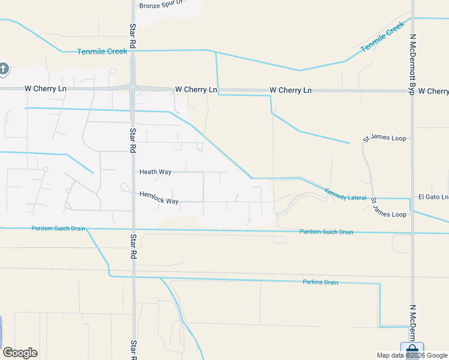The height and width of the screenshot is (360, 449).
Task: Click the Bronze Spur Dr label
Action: click(x=163, y=6)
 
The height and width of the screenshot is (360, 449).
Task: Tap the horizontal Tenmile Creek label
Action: click(x=102, y=52)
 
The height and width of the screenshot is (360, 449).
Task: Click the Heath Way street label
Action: click(x=155, y=172)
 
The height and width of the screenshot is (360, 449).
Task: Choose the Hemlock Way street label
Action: click(x=159, y=197)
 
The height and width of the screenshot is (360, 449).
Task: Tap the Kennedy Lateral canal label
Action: click(x=345, y=194)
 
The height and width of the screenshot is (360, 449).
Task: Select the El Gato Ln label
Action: click(x=433, y=197)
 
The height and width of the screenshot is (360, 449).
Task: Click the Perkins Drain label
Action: click(x=321, y=283)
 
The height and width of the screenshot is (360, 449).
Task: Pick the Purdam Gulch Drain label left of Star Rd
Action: click(x=58, y=229)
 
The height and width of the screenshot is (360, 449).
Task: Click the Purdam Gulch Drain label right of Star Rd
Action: click(x=326, y=232)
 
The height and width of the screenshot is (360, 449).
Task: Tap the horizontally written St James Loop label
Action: click(x=384, y=139)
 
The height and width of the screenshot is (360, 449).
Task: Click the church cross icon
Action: click(x=4, y=69)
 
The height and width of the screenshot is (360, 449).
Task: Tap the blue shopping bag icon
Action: click(x=412, y=350)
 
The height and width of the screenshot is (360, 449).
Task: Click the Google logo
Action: click(x=20, y=353)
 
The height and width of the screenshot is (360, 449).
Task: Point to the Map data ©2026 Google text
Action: click(x=412, y=355)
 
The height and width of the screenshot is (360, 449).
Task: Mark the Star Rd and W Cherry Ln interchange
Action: click(x=133, y=88)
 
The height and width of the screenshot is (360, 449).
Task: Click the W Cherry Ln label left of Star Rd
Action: click(x=46, y=89)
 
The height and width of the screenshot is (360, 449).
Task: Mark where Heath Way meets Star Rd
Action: click(x=133, y=172)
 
